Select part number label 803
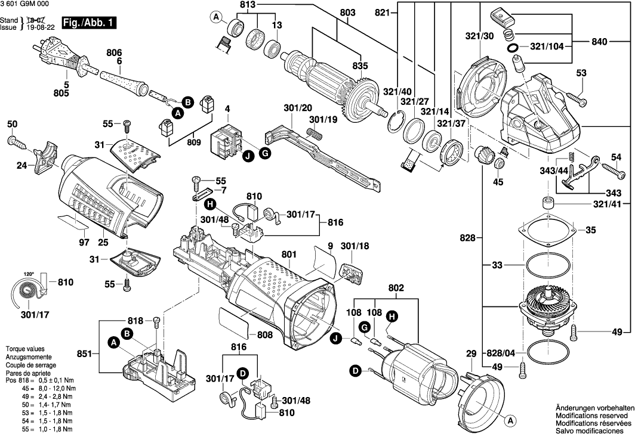click(347, 13)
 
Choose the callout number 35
click(590, 230)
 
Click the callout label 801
click(289, 255)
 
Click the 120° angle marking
click(28, 274)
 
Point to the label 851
click(84, 354)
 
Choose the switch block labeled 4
click(226, 139)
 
